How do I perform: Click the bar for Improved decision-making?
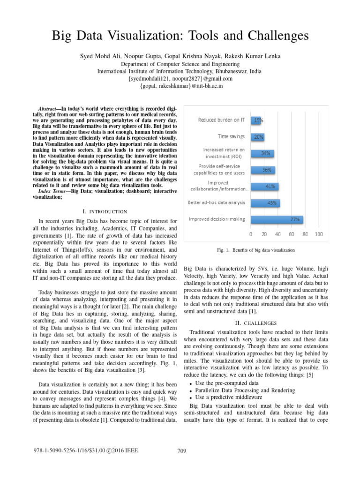(277, 219)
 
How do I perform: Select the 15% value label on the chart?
(258, 120)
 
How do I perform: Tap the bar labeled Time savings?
(257, 137)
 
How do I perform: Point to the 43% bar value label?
(271, 203)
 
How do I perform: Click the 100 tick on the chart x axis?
(319, 234)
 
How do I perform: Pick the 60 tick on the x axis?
(292, 234)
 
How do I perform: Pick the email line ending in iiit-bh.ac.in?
(180, 86)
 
